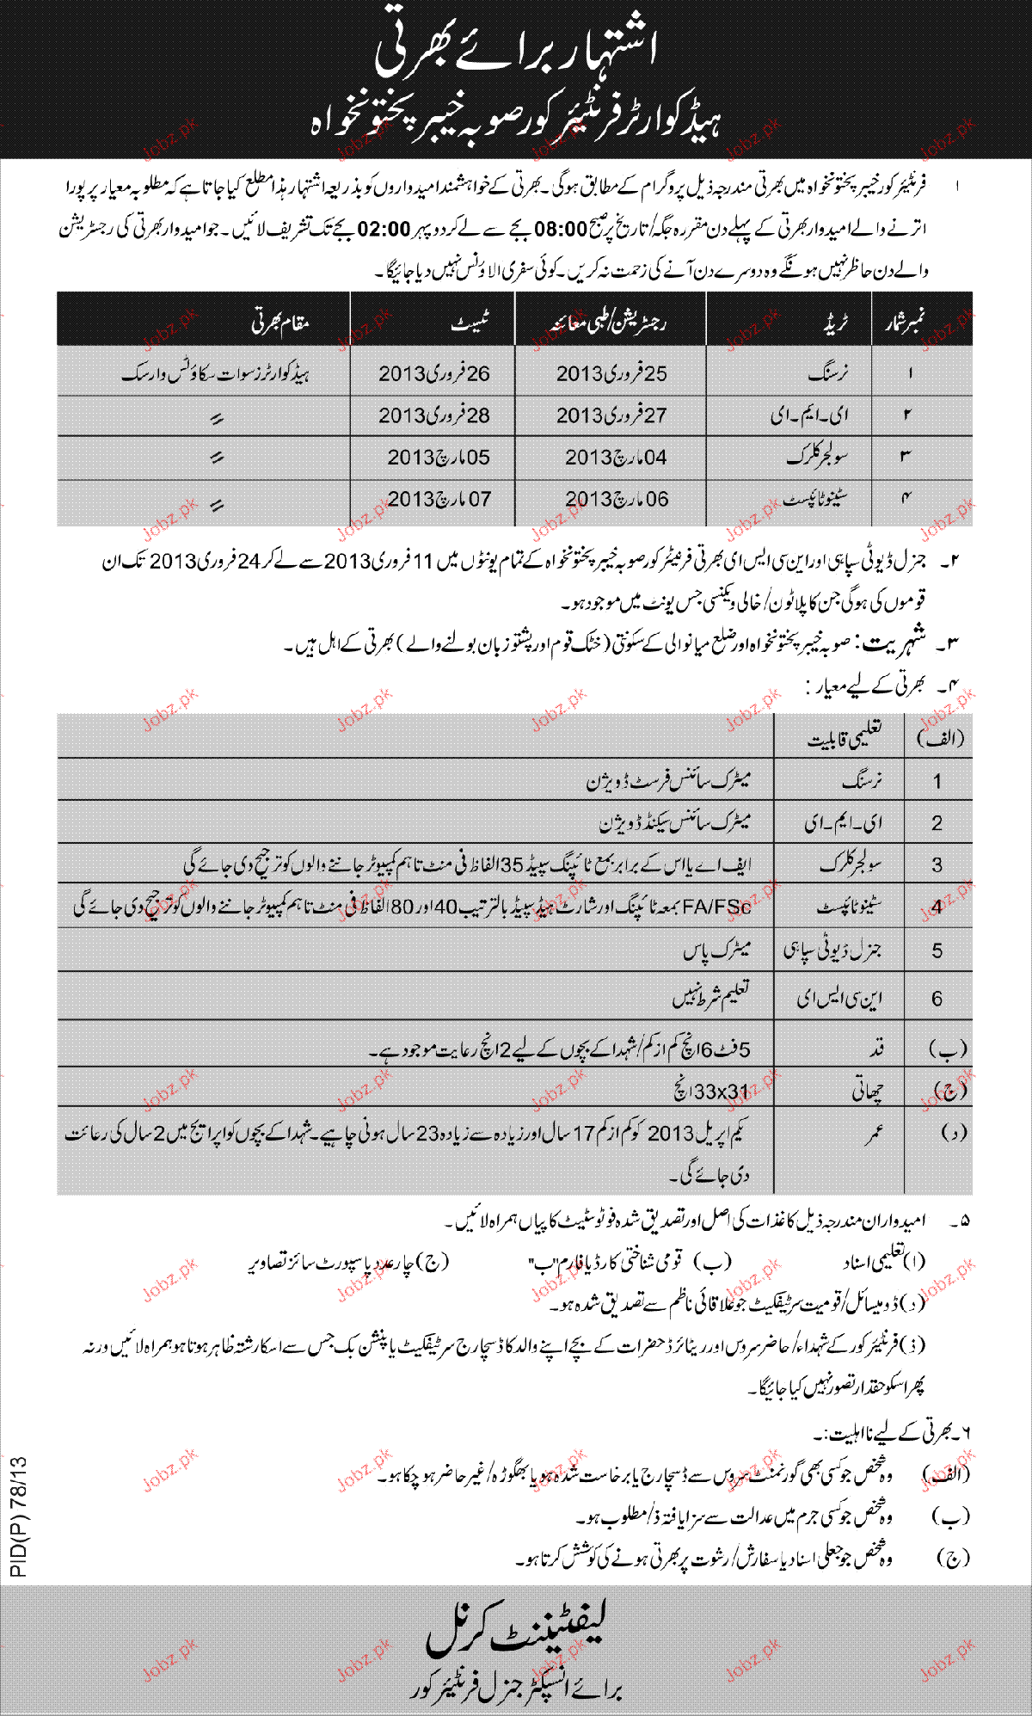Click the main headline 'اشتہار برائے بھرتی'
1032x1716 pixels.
(x=515, y=50)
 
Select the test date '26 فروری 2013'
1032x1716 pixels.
(x=434, y=373)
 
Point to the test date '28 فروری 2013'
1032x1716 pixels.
(x=434, y=415)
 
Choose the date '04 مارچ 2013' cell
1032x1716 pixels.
(x=616, y=458)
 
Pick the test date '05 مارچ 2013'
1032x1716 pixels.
(x=439, y=458)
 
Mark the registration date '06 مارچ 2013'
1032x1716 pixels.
(x=616, y=499)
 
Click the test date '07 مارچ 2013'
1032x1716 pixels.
(x=439, y=499)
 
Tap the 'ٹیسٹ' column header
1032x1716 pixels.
(x=470, y=321)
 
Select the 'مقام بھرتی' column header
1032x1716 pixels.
(x=280, y=323)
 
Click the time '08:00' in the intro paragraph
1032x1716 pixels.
(x=561, y=231)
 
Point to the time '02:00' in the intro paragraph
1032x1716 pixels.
(x=384, y=231)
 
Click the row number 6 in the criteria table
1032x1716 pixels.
(x=937, y=999)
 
